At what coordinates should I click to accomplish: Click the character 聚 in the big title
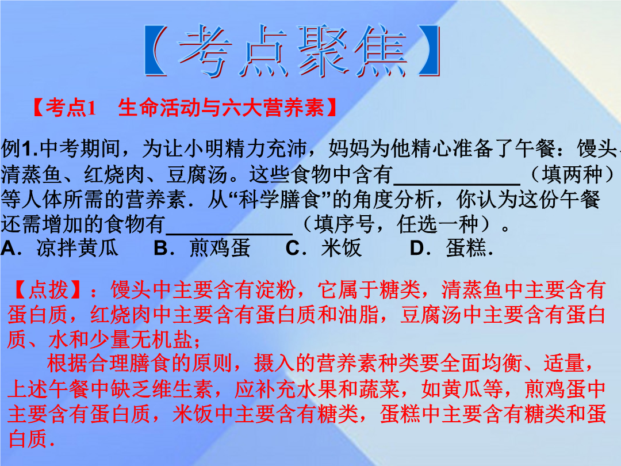pos(323,50)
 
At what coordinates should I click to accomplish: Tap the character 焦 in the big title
pos(381,50)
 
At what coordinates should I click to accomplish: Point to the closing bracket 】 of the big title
pos(429,50)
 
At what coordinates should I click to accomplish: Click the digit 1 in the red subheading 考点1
pos(91,108)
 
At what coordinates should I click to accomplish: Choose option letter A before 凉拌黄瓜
pos(8,249)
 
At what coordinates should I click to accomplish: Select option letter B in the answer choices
pos(161,249)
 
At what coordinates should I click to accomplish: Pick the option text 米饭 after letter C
pos(342,249)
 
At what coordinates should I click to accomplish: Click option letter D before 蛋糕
pos(417,249)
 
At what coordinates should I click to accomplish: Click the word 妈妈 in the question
pos(349,148)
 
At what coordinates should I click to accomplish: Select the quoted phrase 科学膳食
pos(279,199)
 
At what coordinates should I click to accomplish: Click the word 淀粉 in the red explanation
pos(276,289)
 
